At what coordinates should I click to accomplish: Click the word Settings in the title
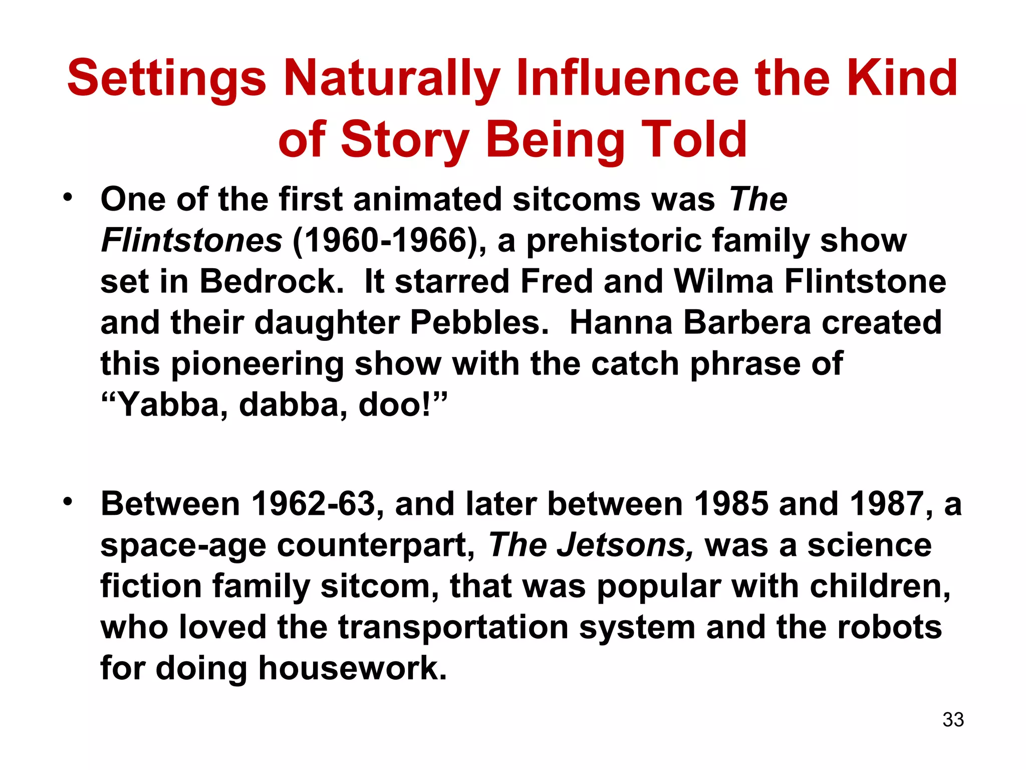[x=166, y=79]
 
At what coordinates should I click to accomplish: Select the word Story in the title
[x=405, y=140]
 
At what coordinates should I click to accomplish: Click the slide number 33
[x=953, y=719]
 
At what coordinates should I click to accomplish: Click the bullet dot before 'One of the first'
[x=68, y=197]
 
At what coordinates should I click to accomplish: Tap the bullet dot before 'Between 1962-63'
[x=68, y=501]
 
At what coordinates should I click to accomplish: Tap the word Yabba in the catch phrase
[x=168, y=405]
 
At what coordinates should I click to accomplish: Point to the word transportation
[x=453, y=627]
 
